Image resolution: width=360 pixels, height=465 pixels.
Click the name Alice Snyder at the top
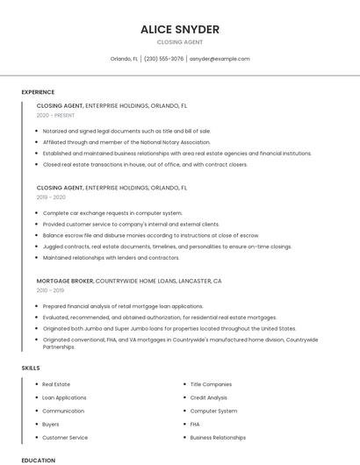(x=179, y=30)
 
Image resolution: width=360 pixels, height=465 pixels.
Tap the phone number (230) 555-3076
(x=163, y=59)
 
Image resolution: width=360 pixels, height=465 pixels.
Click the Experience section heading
(x=38, y=92)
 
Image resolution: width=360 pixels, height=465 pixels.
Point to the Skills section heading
(x=31, y=368)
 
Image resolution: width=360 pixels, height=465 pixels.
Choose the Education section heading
(x=38, y=460)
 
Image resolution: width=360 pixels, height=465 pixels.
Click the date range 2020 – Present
(x=56, y=115)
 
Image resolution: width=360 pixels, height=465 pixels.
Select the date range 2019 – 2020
(x=51, y=197)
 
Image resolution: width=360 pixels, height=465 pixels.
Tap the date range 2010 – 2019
(x=50, y=290)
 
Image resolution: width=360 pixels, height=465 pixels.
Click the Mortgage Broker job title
(x=65, y=281)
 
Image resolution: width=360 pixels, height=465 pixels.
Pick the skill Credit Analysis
(x=209, y=397)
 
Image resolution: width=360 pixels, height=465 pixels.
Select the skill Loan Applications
(x=64, y=397)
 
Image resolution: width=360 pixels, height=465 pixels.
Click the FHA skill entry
(x=195, y=424)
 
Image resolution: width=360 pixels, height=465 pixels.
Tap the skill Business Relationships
(x=218, y=437)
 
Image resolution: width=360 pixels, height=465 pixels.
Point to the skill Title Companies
(x=211, y=384)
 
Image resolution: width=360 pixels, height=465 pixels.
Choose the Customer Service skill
(x=65, y=437)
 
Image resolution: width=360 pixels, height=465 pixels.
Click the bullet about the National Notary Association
(x=126, y=142)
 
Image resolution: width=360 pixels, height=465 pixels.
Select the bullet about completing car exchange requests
(x=112, y=213)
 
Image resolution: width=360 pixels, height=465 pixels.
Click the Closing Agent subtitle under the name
(x=179, y=42)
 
